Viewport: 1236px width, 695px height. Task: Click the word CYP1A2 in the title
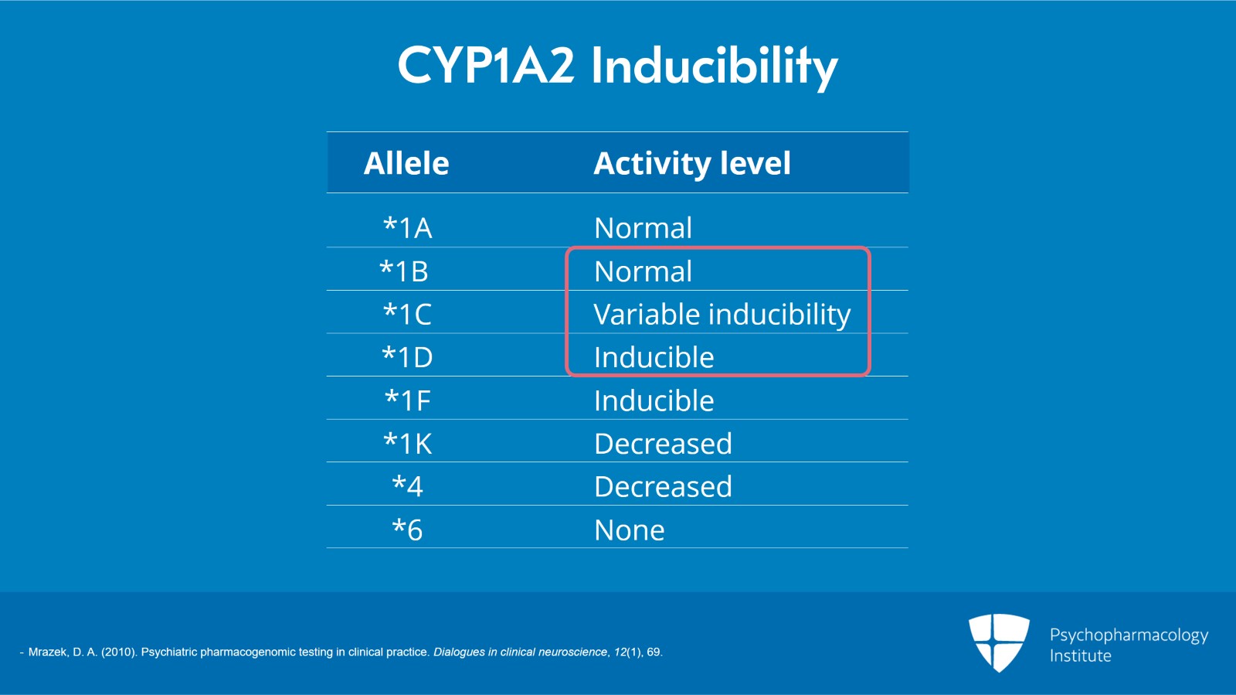coord(486,65)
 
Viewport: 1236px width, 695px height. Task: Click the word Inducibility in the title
coord(714,66)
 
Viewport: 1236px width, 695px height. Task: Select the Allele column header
coord(406,163)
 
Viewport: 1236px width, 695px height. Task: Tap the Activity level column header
coord(692,163)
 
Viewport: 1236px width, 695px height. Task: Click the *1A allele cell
coord(408,228)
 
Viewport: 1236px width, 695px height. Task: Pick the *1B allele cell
coord(404,271)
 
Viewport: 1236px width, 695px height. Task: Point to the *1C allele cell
coord(408,314)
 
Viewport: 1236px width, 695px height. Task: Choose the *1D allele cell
coord(408,357)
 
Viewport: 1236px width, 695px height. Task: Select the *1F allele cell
coord(408,400)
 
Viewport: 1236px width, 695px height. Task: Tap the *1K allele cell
coord(408,444)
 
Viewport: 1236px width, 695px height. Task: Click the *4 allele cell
coord(408,486)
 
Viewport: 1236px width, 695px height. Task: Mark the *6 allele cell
coord(408,530)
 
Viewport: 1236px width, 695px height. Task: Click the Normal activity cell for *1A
coord(643,228)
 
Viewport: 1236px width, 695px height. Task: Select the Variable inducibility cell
coord(722,315)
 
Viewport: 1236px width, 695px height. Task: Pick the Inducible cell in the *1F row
coord(654,400)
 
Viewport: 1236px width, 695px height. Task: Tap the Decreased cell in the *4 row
coord(663,486)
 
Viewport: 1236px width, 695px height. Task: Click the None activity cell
coord(629,530)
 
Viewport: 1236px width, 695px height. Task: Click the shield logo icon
coord(999,642)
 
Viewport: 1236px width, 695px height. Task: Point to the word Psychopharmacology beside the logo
coord(1129,635)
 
